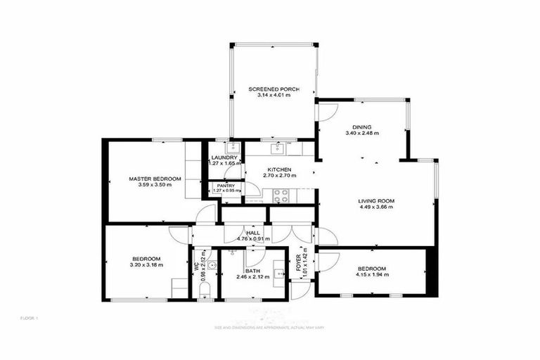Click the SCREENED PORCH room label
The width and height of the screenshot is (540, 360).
click(x=274, y=89)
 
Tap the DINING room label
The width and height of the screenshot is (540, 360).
click(x=362, y=127)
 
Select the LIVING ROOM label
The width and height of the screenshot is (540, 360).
click(x=375, y=201)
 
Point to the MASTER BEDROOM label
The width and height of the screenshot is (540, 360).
click(x=155, y=179)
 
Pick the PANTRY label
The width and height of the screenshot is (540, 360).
click(x=226, y=185)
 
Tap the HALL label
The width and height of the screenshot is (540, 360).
click(x=253, y=233)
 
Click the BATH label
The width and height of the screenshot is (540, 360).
click(x=253, y=271)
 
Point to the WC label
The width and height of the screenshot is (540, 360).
click(x=195, y=265)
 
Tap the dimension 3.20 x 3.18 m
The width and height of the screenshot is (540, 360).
click(x=146, y=265)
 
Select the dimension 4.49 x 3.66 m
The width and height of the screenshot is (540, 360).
click(x=375, y=207)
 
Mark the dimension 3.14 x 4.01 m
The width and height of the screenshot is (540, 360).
click(x=274, y=96)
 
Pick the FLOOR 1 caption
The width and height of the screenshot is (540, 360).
click(x=29, y=319)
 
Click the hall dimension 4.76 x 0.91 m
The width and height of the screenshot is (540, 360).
click(x=253, y=239)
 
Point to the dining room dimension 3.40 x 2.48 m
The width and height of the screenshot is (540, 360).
click(x=362, y=133)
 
